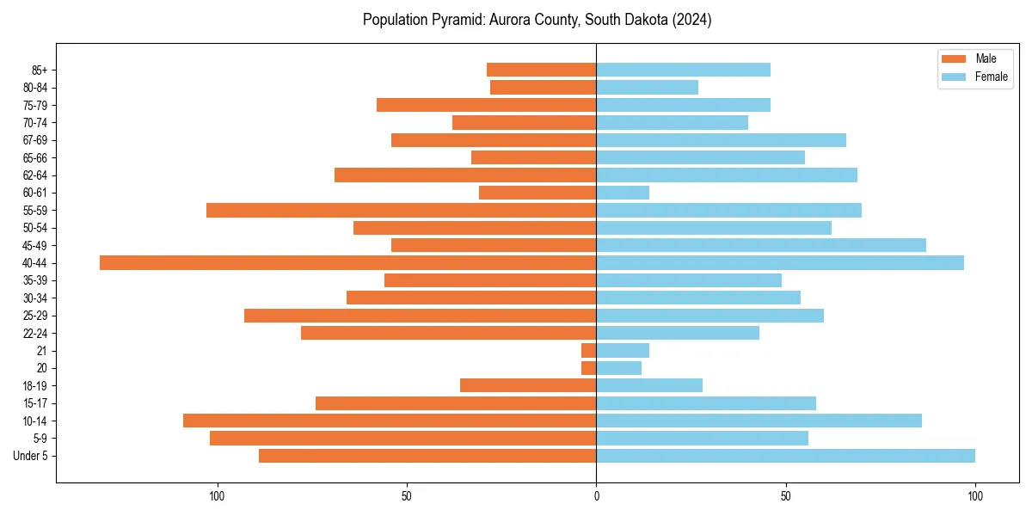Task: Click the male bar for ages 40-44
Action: click(x=347, y=263)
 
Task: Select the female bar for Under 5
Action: click(x=785, y=456)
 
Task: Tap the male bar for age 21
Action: click(x=589, y=351)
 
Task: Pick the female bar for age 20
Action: click(x=618, y=368)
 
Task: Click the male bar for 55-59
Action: click(x=401, y=211)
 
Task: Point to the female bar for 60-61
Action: click(x=623, y=193)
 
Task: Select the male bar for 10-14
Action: click(x=390, y=421)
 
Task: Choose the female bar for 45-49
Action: click(x=761, y=245)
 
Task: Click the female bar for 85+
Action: click(x=683, y=70)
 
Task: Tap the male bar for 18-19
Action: click(x=528, y=385)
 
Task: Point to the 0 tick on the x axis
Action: click(x=596, y=496)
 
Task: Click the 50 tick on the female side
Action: click(x=785, y=496)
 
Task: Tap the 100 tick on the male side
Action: click(x=217, y=496)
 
